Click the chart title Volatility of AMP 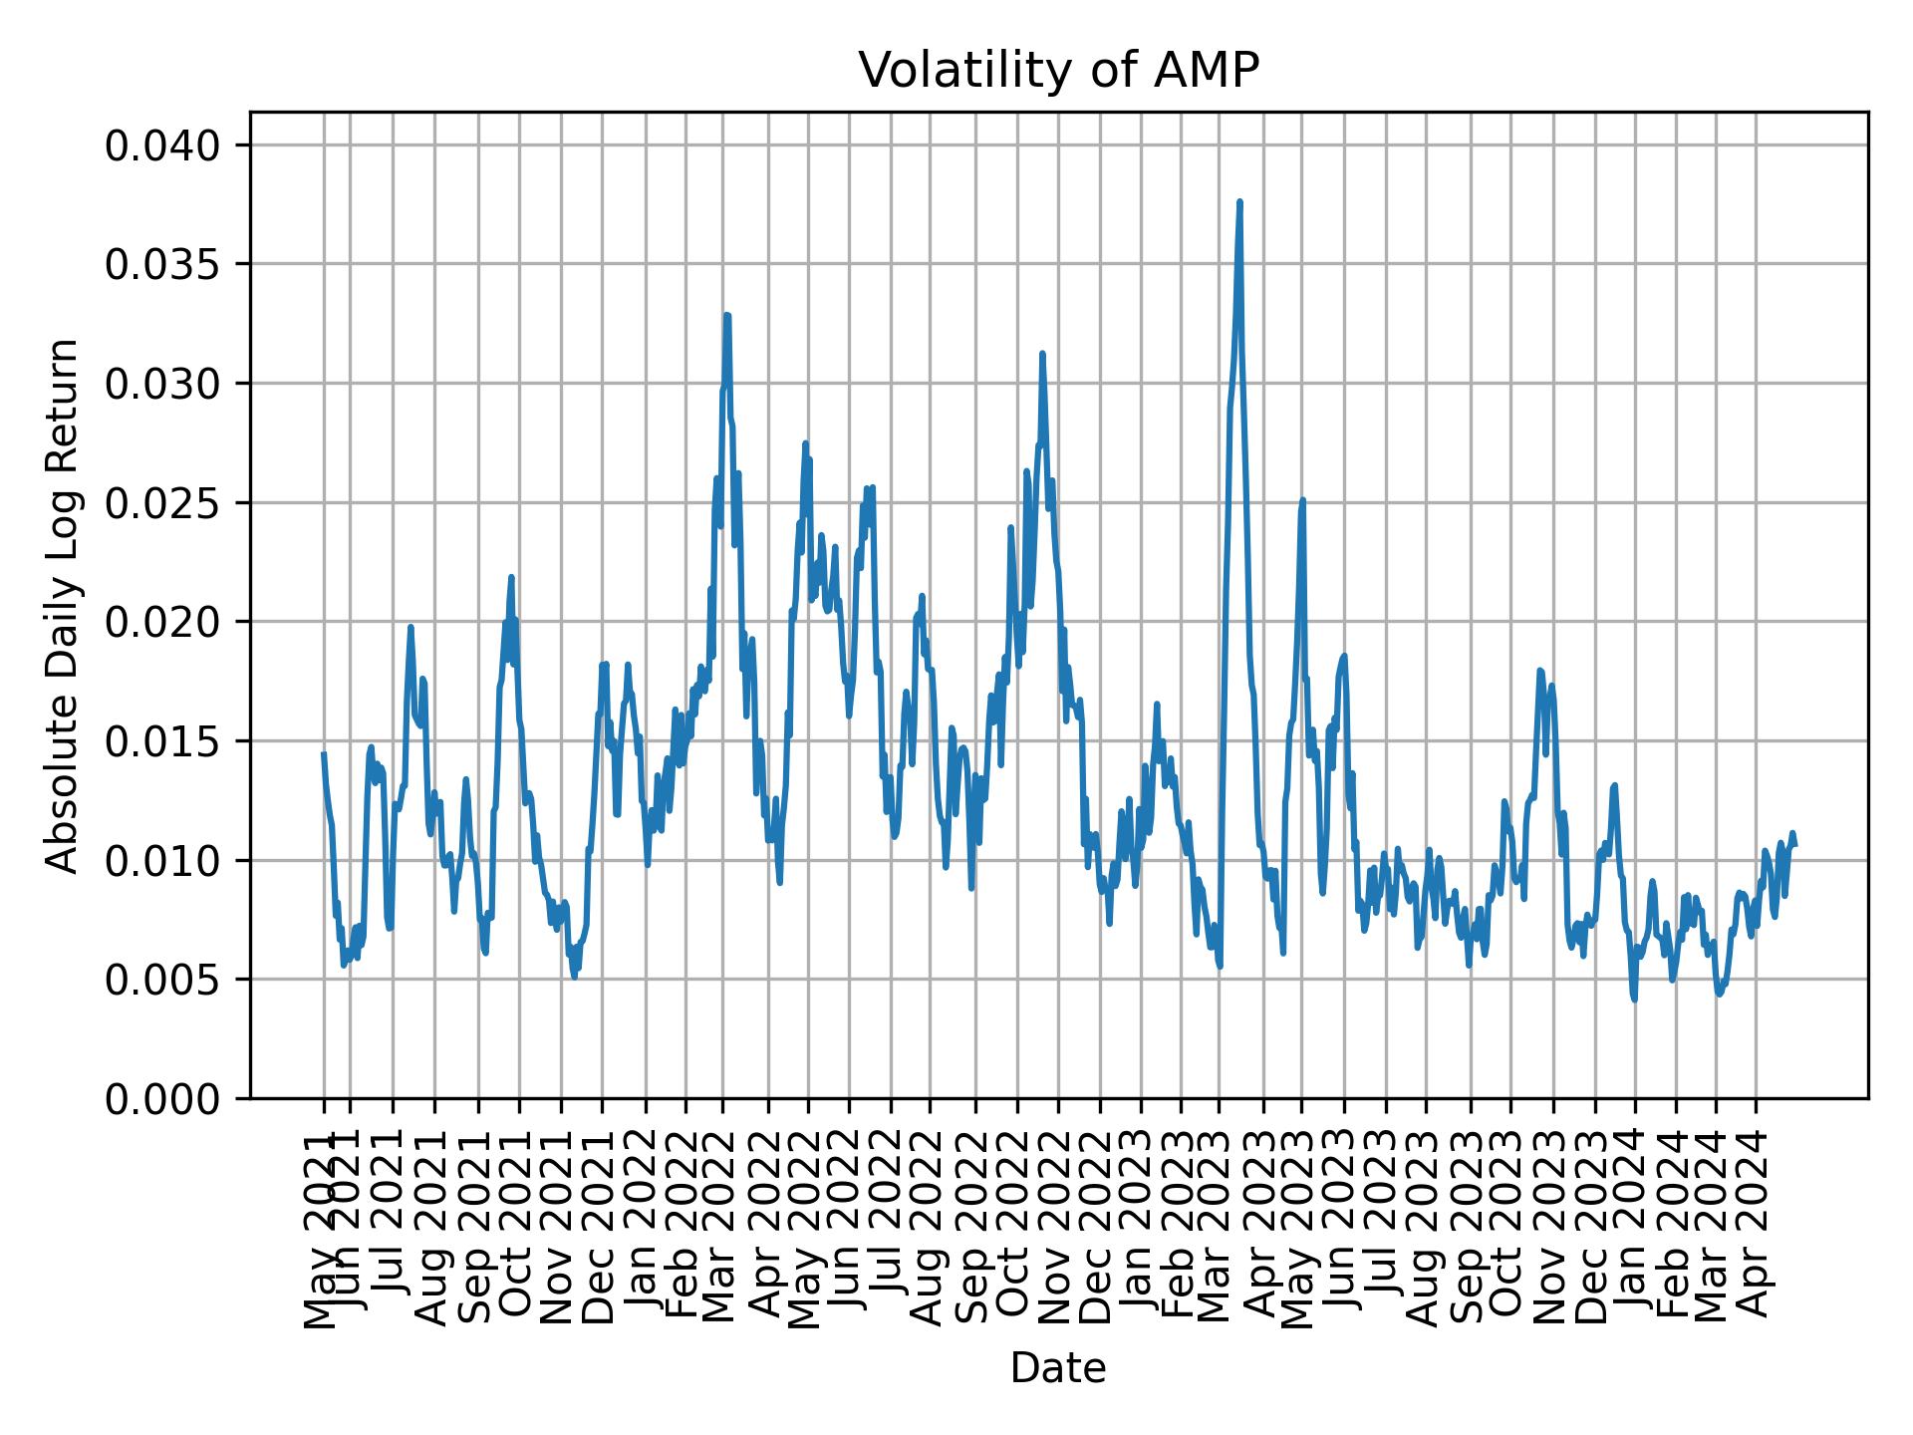click(1058, 71)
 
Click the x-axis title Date click(1058, 1368)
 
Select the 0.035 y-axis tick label click(162, 265)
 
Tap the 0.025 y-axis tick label click(162, 503)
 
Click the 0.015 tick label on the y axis click(162, 741)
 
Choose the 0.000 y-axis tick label click(162, 1098)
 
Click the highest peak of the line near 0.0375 click(1239, 202)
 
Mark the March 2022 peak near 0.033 click(727, 315)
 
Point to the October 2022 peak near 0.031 click(1042, 354)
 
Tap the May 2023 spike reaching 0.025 click(1302, 500)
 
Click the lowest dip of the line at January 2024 click(1634, 1000)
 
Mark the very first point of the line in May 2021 click(324, 754)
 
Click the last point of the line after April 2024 click(1794, 845)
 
